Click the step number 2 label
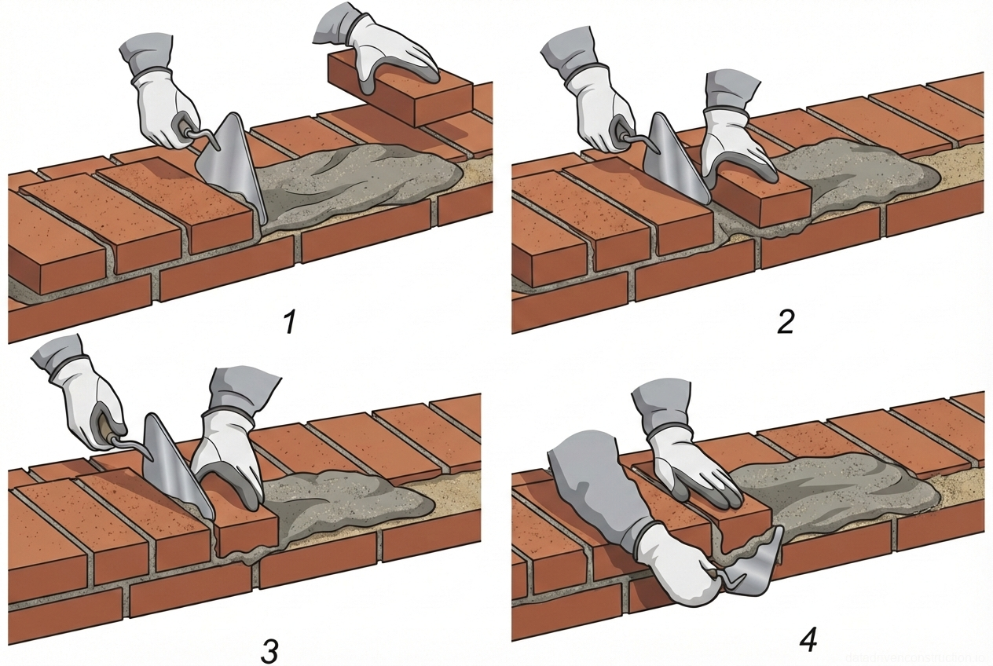785,321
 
